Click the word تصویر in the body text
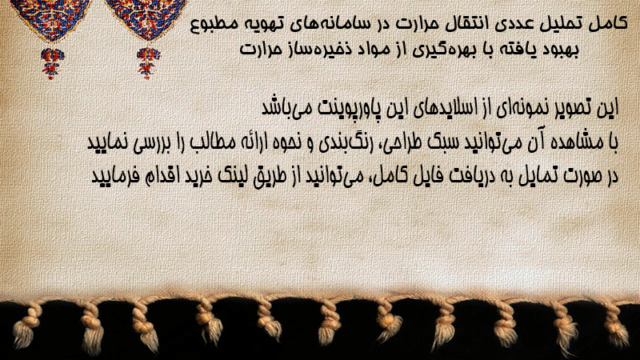coord(567,108)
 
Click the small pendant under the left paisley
coord(52,63)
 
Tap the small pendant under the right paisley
coord(148,63)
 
